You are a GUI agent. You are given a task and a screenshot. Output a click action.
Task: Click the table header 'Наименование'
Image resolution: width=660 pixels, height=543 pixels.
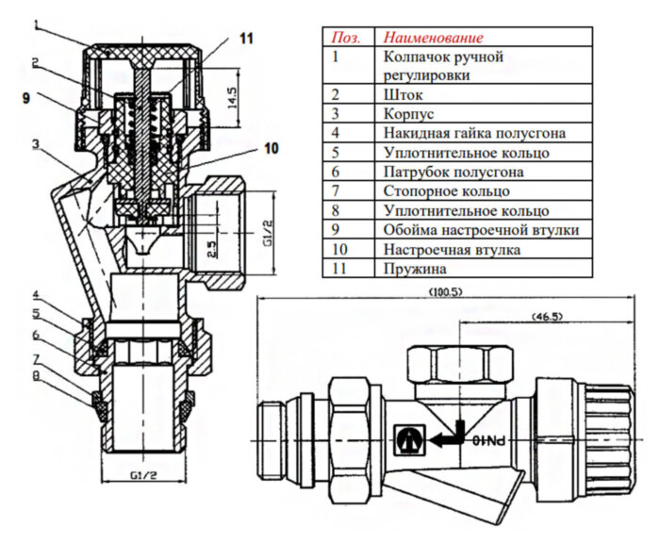tap(432, 38)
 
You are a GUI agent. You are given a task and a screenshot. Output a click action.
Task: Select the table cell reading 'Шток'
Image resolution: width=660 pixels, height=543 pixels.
tap(403, 93)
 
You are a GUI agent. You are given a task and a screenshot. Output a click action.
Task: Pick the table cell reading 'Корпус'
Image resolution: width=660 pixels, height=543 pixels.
tap(408, 113)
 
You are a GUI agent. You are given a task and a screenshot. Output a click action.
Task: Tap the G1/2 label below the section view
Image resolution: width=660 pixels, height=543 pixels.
tap(139, 474)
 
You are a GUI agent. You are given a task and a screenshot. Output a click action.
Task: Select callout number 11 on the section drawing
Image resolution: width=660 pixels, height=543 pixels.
tap(246, 39)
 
